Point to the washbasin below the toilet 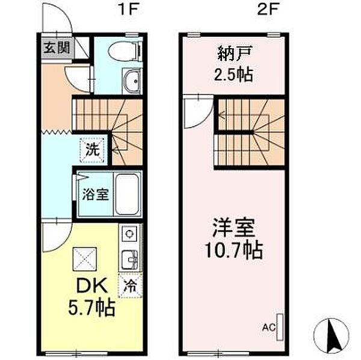[131, 81]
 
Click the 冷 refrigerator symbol [130, 285]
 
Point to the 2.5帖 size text [233, 75]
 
